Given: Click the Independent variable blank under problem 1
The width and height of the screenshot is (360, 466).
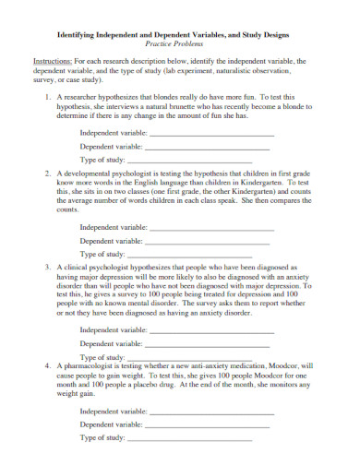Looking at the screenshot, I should pyautogui.click(x=211, y=133).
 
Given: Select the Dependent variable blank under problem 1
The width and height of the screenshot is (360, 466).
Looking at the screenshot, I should pyautogui.click(x=208, y=147).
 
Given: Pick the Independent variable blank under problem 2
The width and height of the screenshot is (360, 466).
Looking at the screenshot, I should pyautogui.click(x=211, y=226).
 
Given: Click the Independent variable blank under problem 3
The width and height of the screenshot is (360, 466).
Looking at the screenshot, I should pyautogui.click(x=211, y=329).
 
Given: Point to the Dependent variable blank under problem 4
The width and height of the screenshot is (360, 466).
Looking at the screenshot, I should pyautogui.click(x=208, y=424).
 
